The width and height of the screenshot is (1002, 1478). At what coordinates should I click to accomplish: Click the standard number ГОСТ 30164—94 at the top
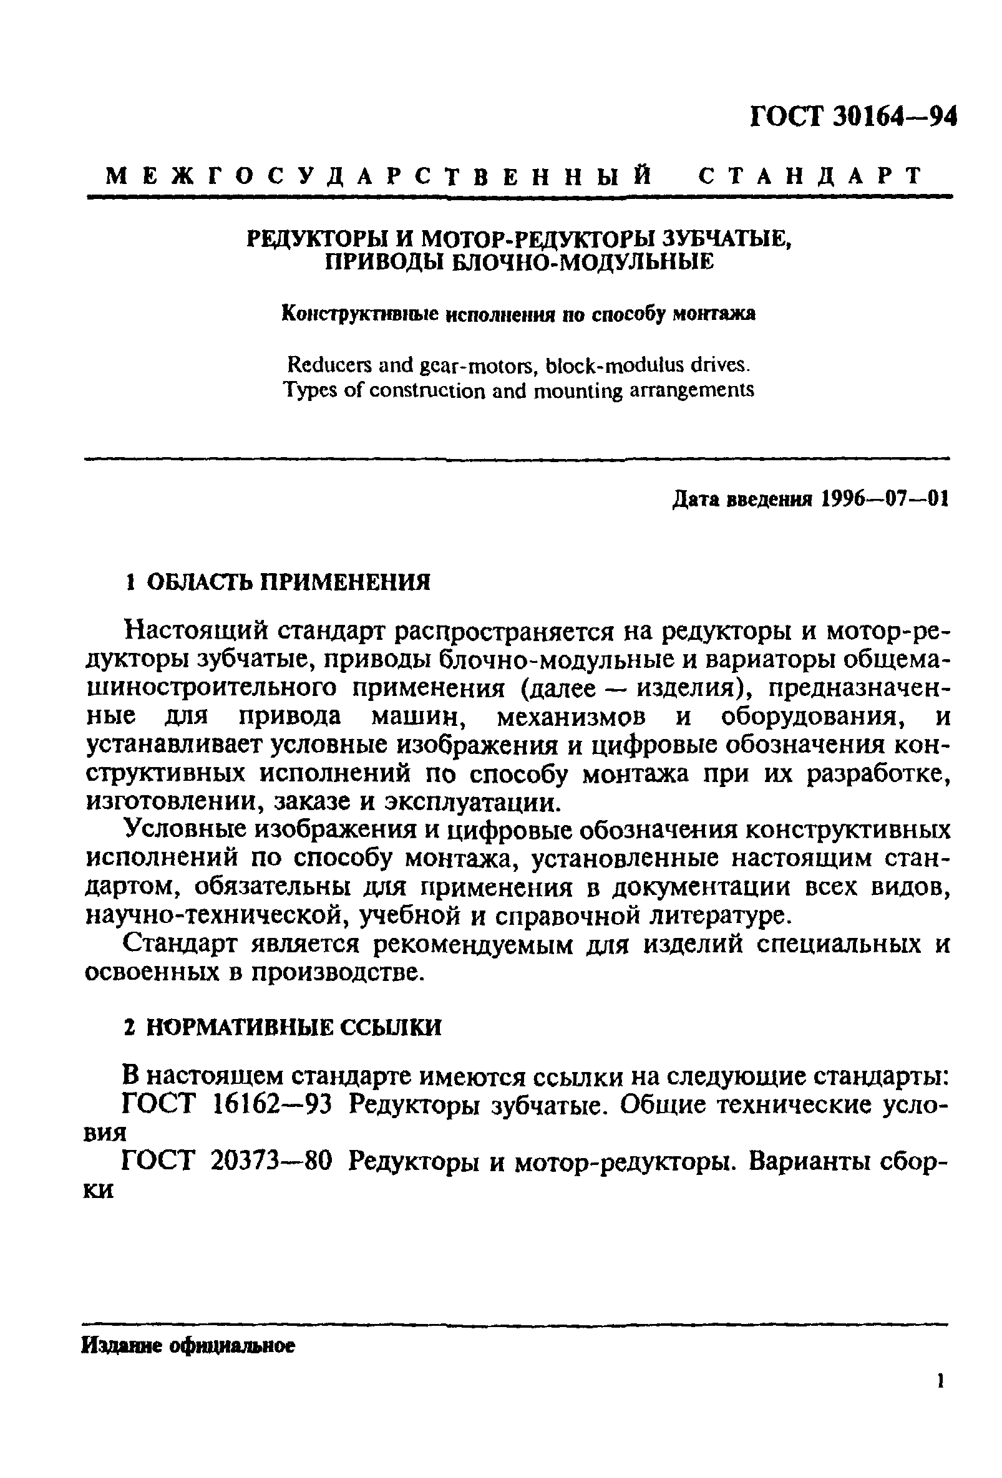[853, 117]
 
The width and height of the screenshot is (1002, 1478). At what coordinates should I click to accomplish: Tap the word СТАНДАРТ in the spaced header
[810, 175]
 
